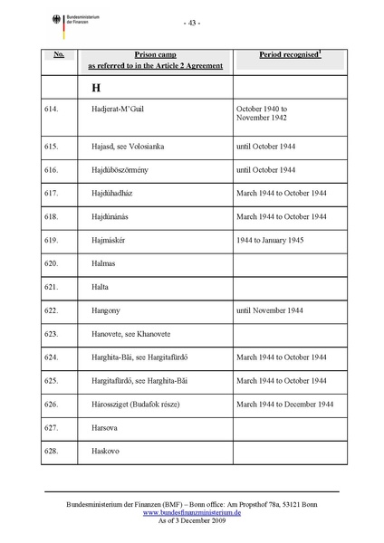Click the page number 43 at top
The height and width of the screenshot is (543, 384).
pos(192,22)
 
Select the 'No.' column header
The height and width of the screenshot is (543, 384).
pos(58,54)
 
